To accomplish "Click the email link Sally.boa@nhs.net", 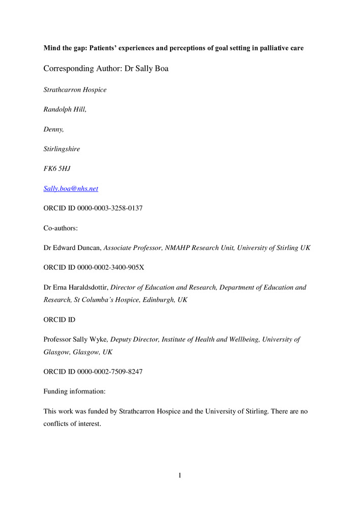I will [x=71, y=188].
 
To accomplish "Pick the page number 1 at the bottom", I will [x=180, y=475].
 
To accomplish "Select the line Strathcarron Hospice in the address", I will [x=75, y=90].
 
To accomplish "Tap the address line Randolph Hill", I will [x=65, y=109].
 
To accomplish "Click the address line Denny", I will [x=53, y=129].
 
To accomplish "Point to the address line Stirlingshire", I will [x=62, y=149].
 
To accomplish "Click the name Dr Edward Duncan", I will [x=73, y=247].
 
